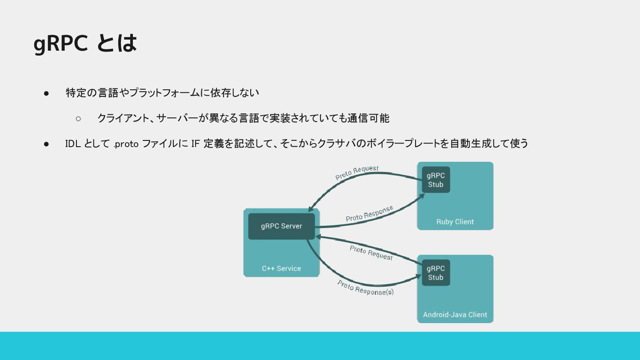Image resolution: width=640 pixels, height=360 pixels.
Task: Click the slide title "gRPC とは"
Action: [x=85, y=44]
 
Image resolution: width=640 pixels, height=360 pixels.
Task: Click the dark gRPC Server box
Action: [x=281, y=226]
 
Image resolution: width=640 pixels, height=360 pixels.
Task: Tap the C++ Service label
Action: [x=281, y=268]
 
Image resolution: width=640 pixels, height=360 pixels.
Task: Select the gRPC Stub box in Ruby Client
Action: [x=436, y=180]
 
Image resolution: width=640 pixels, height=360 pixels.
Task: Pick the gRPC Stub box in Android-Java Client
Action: [x=436, y=273]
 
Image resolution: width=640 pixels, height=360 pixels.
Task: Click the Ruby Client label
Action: [x=455, y=222]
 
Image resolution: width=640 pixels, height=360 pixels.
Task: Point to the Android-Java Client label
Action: [x=455, y=315]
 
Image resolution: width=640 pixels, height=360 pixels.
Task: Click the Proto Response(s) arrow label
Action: [x=365, y=288]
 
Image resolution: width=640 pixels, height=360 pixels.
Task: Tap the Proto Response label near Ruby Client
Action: [x=369, y=214]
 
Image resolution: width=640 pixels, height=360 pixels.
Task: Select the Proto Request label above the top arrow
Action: [x=357, y=172]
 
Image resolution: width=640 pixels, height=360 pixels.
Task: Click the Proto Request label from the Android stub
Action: [x=371, y=253]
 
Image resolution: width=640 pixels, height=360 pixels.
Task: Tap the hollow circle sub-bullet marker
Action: [x=78, y=119]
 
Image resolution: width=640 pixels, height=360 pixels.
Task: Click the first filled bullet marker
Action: [x=46, y=93]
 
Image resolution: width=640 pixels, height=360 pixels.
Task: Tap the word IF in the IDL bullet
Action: [x=196, y=144]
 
